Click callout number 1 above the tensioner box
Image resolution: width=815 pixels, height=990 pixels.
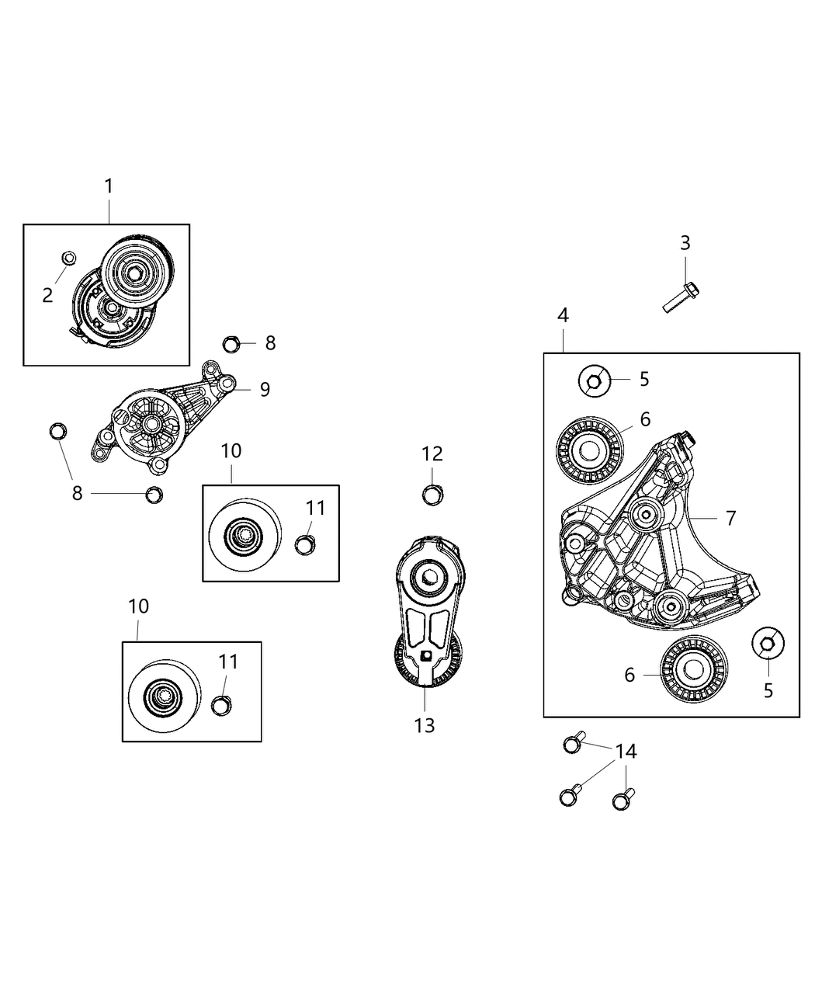coord(109,186)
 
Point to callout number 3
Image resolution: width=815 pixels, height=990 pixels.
coord(685,243)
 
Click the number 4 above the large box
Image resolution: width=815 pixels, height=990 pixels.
coord(563,315)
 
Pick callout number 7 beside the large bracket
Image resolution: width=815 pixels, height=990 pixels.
coord(730,518)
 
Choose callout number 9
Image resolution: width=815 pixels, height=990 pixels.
coord(265,389)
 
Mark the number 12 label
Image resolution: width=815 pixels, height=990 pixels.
coord(432,454)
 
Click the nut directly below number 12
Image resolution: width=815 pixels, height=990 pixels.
coord(432,493)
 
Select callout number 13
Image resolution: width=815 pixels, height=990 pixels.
coord(425,725)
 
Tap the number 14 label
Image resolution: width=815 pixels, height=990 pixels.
coord(626,751)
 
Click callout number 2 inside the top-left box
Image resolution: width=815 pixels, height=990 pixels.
coord(48,295)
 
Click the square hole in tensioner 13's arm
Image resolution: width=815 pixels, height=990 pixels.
coord(425,656)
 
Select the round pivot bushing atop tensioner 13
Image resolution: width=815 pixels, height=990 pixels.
coord(428,576)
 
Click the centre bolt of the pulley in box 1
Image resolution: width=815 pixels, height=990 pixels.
coord(134,273)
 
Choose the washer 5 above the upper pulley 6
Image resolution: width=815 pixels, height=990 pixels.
coord(594,380)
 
